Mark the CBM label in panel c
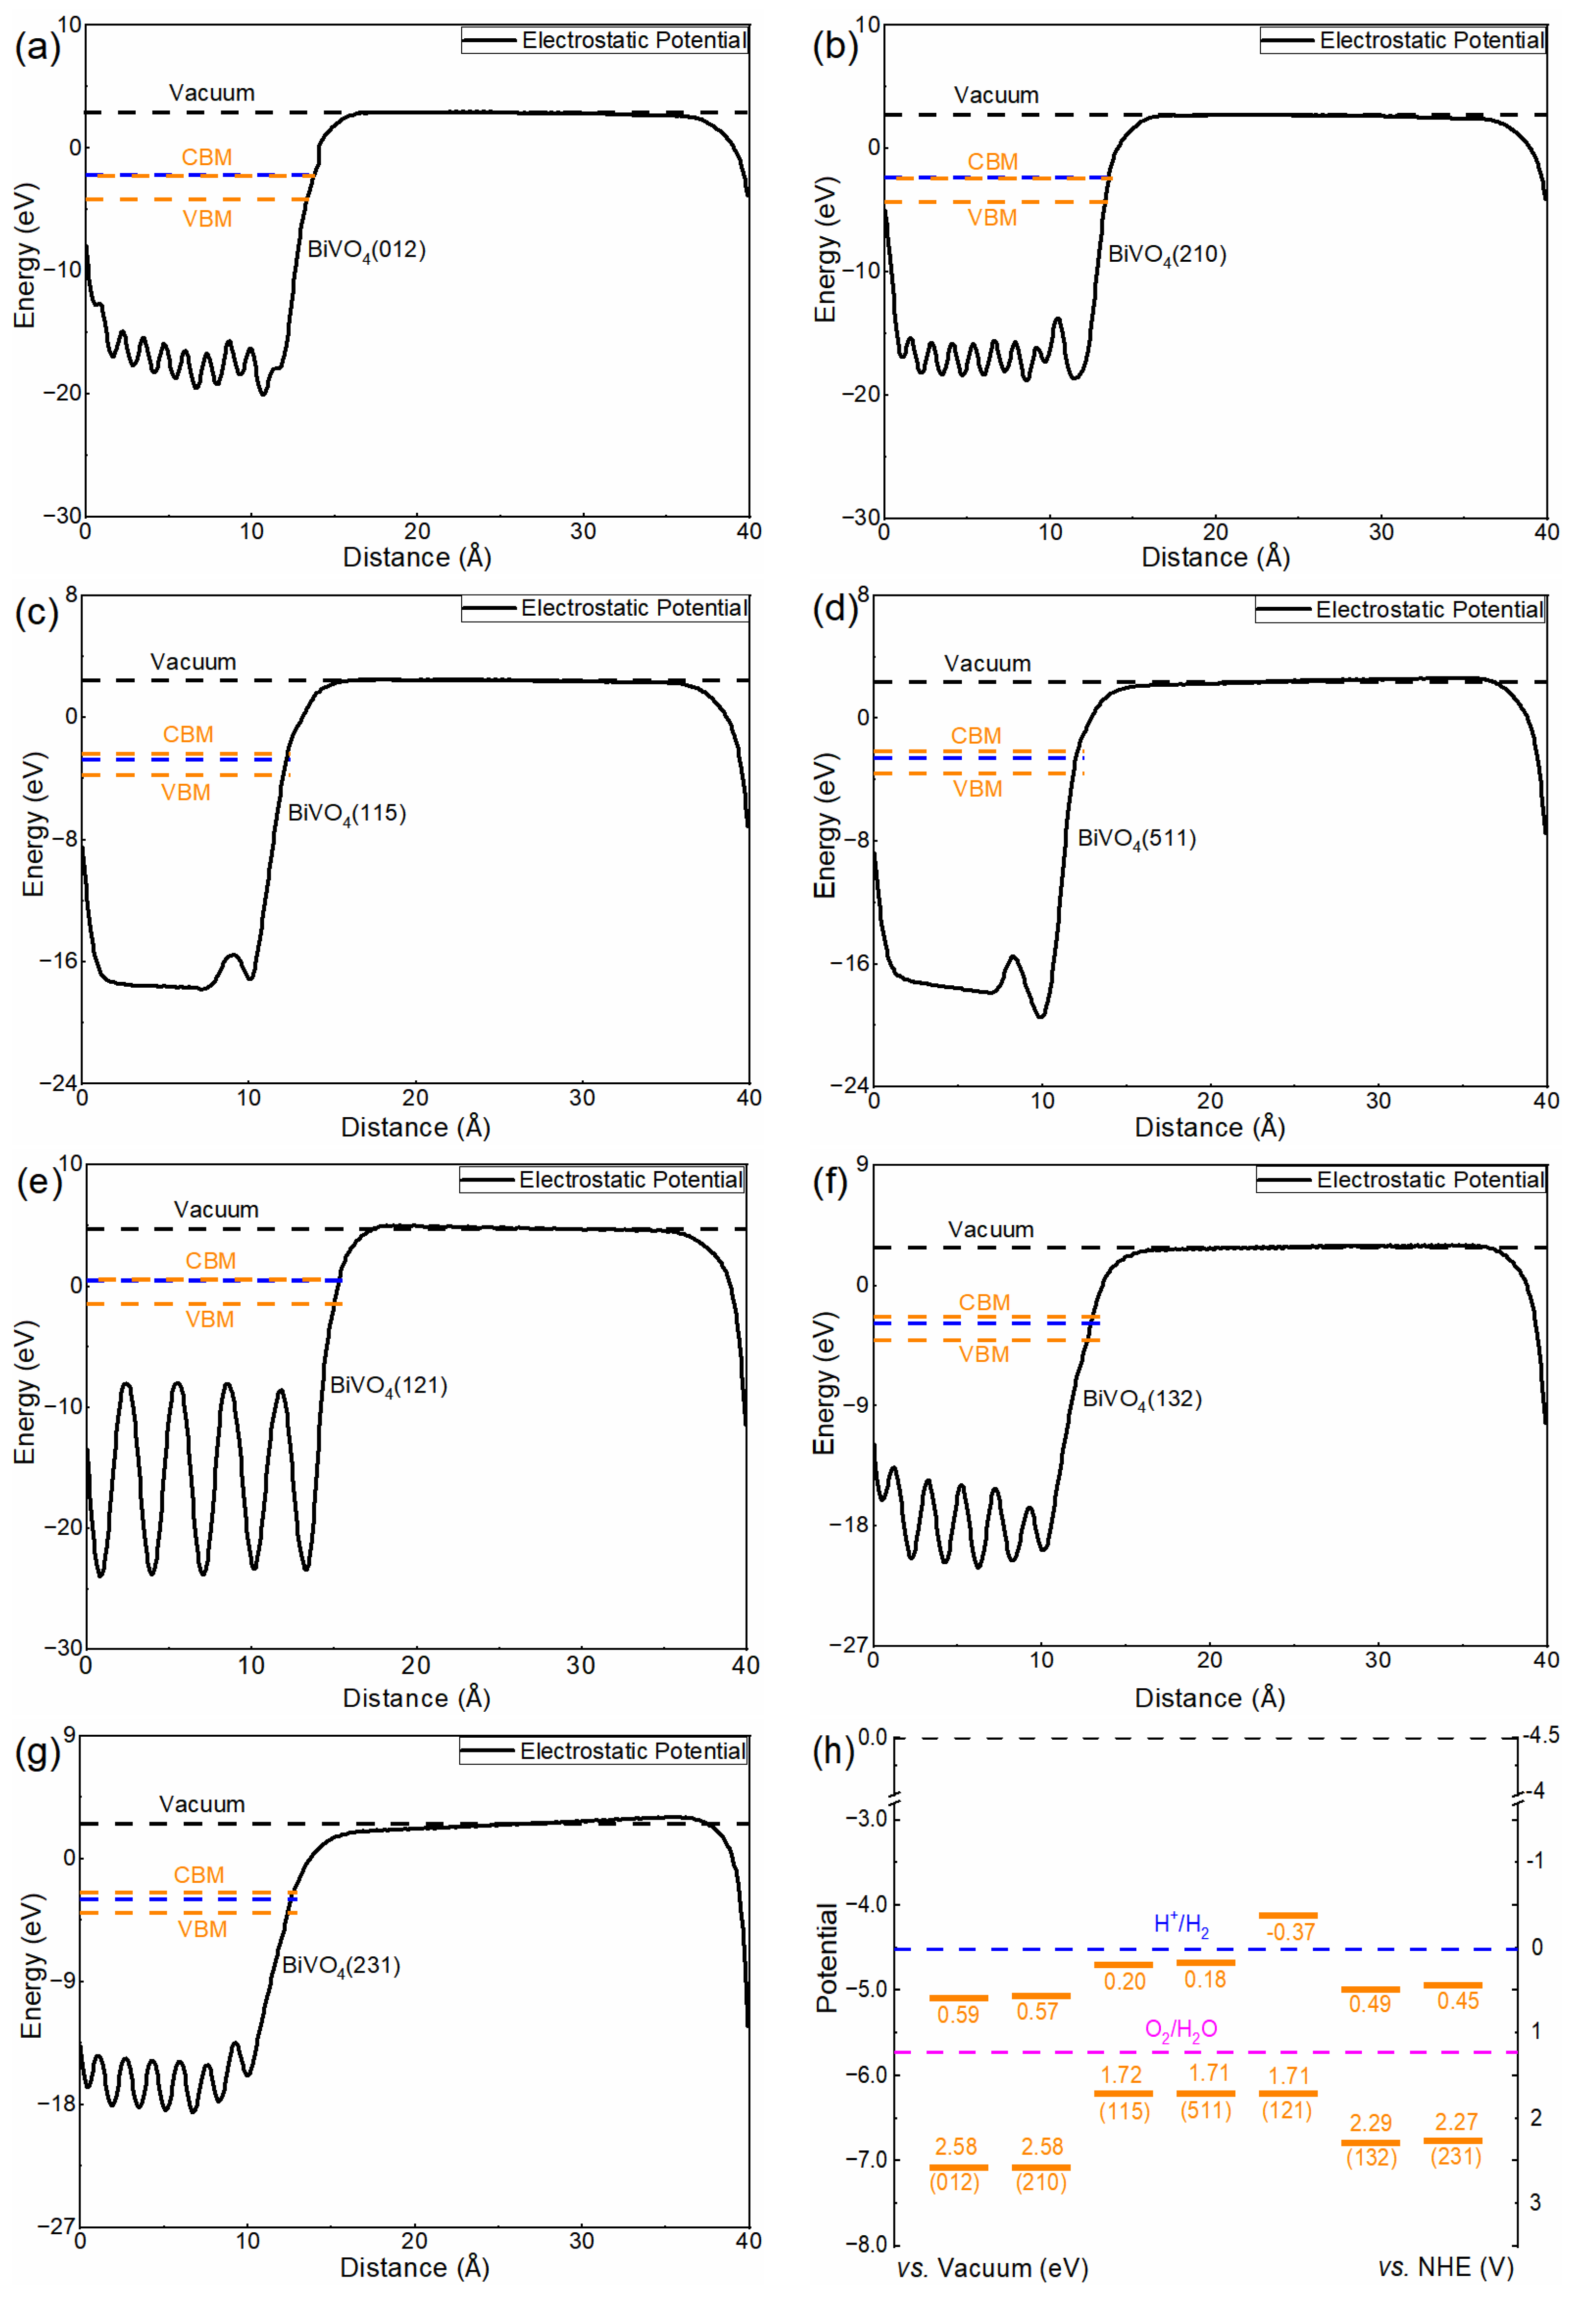click(x=188, y=735)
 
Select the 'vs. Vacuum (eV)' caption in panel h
click(x=992, y=2267)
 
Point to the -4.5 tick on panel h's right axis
click(x=1540, y=1735)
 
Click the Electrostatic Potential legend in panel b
click(x=1431, y=41)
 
